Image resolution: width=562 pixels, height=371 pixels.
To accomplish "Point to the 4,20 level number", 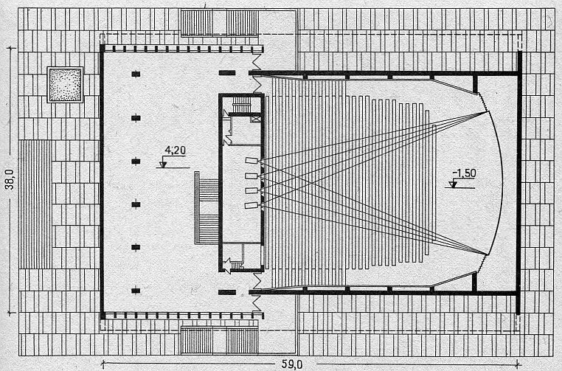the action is click(x=174, y=151).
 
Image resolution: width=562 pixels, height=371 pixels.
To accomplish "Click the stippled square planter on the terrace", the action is click(x=63, y=83).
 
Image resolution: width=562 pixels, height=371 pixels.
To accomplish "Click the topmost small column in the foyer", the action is click(x=136, y=73).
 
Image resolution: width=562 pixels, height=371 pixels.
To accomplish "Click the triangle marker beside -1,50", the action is click(x=453, y=184).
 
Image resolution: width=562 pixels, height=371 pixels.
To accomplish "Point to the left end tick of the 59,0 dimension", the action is click(x=101, y=362).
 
